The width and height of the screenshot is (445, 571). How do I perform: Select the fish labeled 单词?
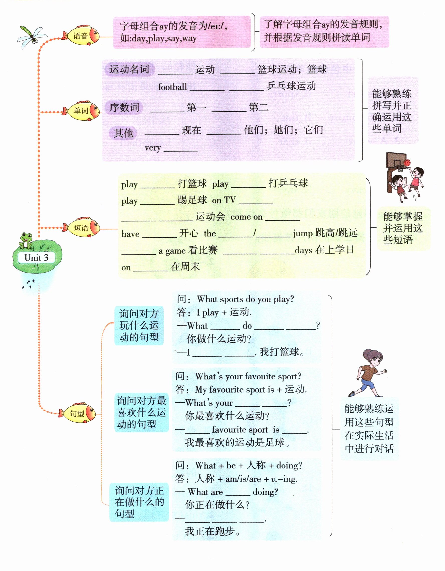[81, 111]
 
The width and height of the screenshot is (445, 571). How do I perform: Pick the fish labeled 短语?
[81, 228]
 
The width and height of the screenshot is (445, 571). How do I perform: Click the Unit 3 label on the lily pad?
[36, 258]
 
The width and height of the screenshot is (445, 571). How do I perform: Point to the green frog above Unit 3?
[26, 240]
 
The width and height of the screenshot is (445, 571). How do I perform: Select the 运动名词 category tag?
[129, 69]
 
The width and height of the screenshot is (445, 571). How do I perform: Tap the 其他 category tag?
[123, 133]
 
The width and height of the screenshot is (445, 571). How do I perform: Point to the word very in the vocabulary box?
[153, 148]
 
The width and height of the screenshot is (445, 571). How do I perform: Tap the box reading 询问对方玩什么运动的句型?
[139, 325]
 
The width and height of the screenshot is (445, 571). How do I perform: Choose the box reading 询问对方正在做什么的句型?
[139, 502]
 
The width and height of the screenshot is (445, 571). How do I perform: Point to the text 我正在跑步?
[212, 531]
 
